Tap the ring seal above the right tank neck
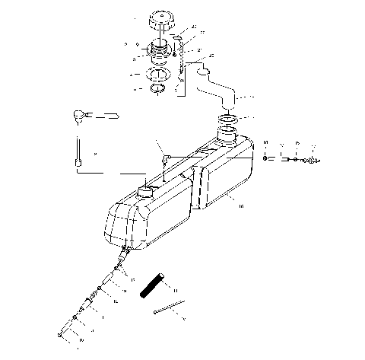click(230, 119)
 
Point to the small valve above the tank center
click(163, 159)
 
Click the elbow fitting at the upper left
click(80, 115)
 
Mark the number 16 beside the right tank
click(241, 205)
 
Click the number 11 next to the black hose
click(173, 290)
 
